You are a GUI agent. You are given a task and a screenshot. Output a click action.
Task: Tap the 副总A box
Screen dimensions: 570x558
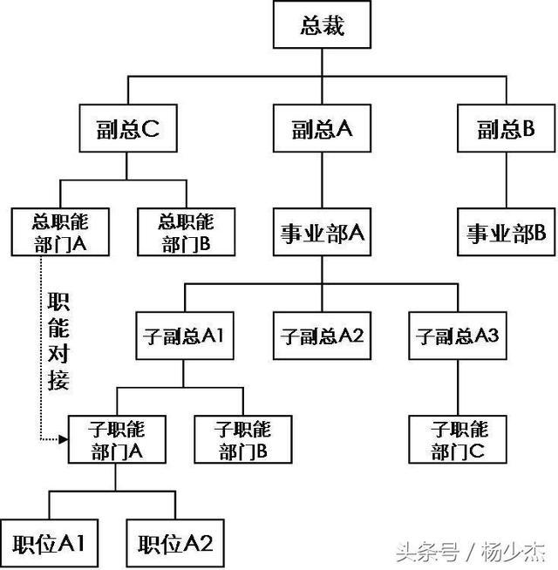click(322, 130)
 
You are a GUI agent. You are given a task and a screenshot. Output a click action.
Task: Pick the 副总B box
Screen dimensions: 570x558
click(505, 130)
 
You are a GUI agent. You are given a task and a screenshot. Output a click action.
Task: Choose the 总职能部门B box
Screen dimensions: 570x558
click(186, 232)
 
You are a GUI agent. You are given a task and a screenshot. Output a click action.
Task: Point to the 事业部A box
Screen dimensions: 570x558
click(322, 232)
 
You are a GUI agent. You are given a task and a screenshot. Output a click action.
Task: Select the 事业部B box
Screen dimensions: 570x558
click(505, 232)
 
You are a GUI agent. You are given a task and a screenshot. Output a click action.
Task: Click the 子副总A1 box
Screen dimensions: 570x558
click(181, 334)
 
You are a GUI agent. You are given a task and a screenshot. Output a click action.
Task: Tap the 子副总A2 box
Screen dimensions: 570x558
click(322, 334)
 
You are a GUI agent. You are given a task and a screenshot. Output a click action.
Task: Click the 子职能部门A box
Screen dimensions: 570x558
click(117, 438)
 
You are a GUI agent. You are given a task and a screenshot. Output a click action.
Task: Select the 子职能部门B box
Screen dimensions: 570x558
click(243, 438)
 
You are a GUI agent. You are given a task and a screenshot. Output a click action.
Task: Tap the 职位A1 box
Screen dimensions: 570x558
click(48, 543)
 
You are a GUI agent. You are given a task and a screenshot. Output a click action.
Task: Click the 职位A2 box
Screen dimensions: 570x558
click(175, 543)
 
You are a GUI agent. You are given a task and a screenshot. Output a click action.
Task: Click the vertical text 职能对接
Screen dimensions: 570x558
click(60, 340)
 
